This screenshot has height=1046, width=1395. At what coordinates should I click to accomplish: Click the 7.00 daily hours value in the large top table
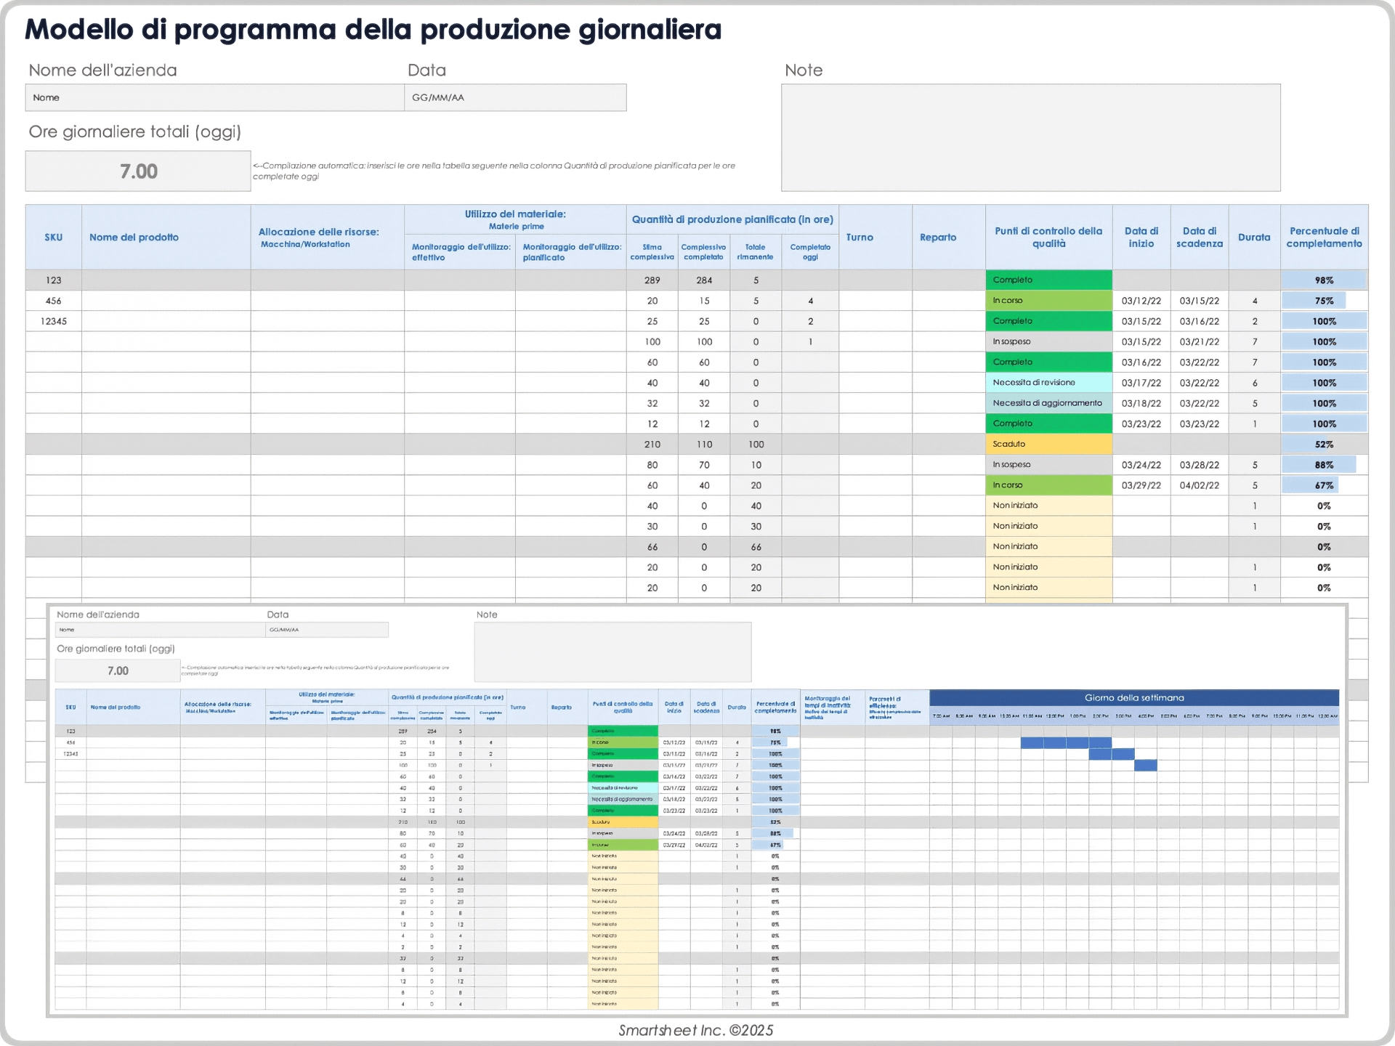coord(138,171)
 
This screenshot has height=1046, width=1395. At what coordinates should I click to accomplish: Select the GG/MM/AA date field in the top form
coord(514,97)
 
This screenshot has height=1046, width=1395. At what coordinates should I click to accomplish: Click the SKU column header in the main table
coord(53,238)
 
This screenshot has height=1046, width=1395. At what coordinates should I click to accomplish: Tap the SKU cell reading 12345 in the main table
coord(53,321)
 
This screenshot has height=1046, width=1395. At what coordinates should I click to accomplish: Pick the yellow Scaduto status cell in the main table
coord(1048,444)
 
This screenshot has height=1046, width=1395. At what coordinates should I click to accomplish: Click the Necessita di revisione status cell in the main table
coord(1048,383)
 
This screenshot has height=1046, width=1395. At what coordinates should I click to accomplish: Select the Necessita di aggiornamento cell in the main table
coord(1048,403)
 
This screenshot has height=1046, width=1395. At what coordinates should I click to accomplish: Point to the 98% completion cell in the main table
coord(1324,280)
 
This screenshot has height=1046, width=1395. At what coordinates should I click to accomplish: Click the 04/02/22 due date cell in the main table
coord(1199,485)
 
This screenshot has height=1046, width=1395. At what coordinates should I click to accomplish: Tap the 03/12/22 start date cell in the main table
coord(1141,301)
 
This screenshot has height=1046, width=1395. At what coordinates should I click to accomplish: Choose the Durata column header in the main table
coord(1254,238)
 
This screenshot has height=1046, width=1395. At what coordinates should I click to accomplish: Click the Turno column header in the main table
coord(860,238)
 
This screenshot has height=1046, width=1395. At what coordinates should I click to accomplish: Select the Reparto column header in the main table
coord(938,238)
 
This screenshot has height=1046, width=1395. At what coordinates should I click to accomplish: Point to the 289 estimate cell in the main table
coord(652,280)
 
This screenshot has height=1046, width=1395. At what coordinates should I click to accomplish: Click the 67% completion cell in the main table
coord(1324,485)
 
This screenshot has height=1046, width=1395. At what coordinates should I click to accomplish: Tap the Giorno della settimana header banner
coord(1133,698)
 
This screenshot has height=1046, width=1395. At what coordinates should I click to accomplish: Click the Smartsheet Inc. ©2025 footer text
coord(695,1030)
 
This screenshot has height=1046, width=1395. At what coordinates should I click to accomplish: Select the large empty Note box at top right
coord(1030,138)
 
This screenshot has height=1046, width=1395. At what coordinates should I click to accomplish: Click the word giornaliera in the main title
coord(650,30)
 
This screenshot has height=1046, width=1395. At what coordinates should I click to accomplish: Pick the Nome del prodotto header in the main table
coord(134,238)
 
